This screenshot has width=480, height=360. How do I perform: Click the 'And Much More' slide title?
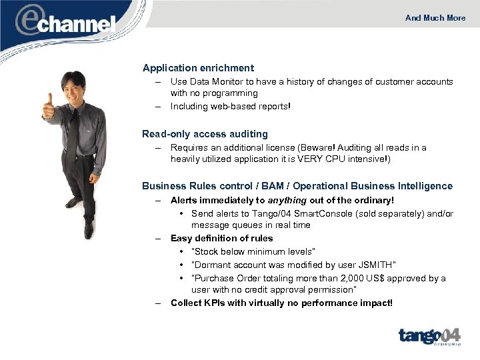435,18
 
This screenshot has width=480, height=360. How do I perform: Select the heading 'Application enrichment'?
198,68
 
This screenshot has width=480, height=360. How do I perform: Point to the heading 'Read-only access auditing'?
205,134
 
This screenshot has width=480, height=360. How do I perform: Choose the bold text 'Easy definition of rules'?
221,238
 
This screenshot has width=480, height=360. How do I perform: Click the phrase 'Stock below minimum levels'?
253,251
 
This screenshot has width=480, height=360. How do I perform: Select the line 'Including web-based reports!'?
231,107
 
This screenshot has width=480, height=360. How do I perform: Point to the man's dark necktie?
72,134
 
